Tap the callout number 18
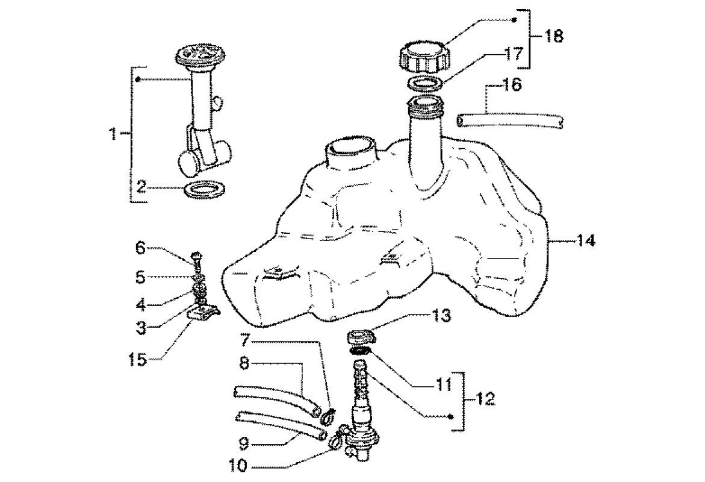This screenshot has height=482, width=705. tap(554, 36)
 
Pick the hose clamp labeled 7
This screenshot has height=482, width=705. tap(328, 414)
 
